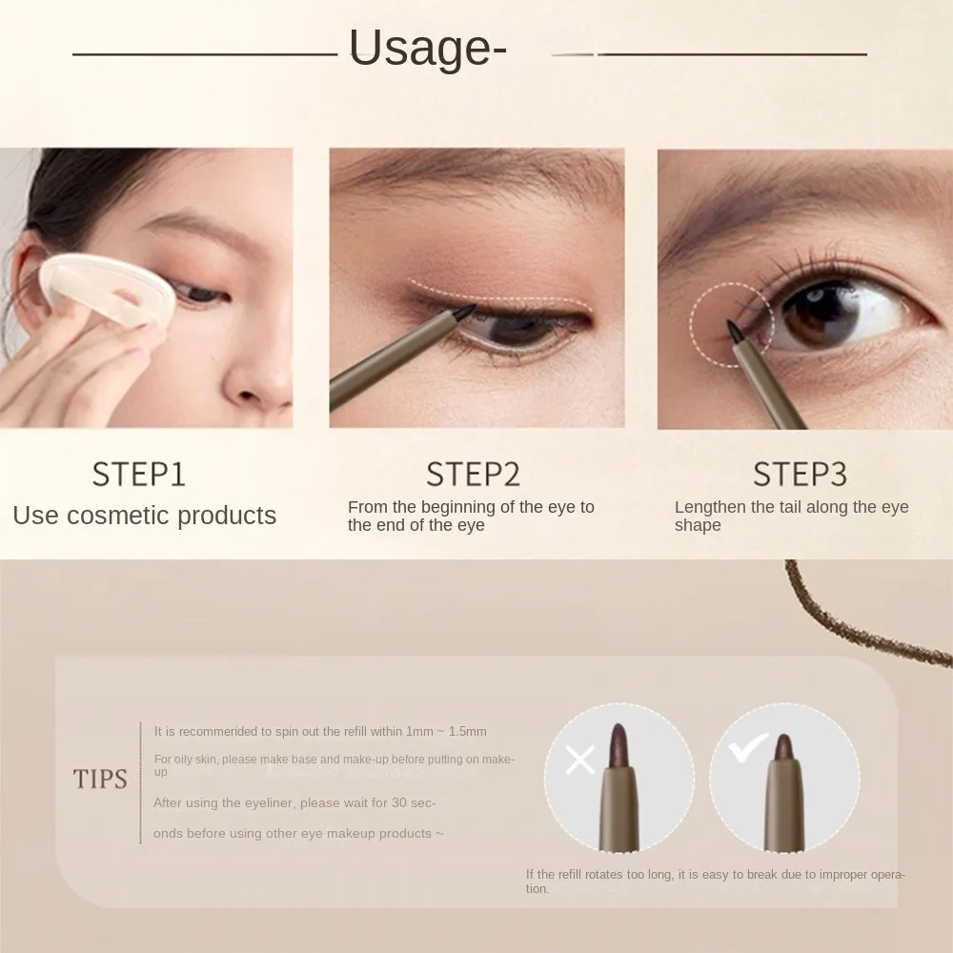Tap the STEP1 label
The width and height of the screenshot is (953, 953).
tap(138, 474)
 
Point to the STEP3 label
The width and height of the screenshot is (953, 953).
tap(801, 474)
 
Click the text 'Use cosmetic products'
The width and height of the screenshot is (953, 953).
tap(144, 516)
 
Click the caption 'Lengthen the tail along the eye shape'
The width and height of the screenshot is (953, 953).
tap(791, 516)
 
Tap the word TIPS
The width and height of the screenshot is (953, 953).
tap(100, 780)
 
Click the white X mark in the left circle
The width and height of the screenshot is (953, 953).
tap(579, 759)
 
